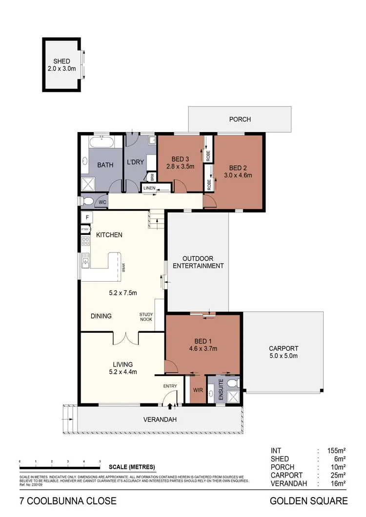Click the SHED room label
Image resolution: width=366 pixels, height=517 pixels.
[x=61, y=61]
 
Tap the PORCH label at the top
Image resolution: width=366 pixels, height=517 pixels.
[x=240, y=119]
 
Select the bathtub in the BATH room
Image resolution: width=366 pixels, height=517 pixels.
[x=102, y=144]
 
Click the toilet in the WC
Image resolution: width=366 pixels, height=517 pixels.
[x=88, y=201]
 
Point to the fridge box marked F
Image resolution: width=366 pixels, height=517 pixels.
[x=87, y=217]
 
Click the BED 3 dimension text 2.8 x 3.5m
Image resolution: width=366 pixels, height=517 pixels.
[x=180, y=167]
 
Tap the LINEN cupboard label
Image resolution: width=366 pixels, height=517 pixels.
[x=149, y=188]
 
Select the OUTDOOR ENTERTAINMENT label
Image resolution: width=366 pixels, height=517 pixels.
[x=203, y=262]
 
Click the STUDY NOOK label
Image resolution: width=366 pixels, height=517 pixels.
[x=146, y=317]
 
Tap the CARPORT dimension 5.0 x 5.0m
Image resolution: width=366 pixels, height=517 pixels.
[x=283, y=356]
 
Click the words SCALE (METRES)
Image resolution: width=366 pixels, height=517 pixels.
[x=132, y=467]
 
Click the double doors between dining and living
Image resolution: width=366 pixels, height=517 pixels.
[x=126, y=337]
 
